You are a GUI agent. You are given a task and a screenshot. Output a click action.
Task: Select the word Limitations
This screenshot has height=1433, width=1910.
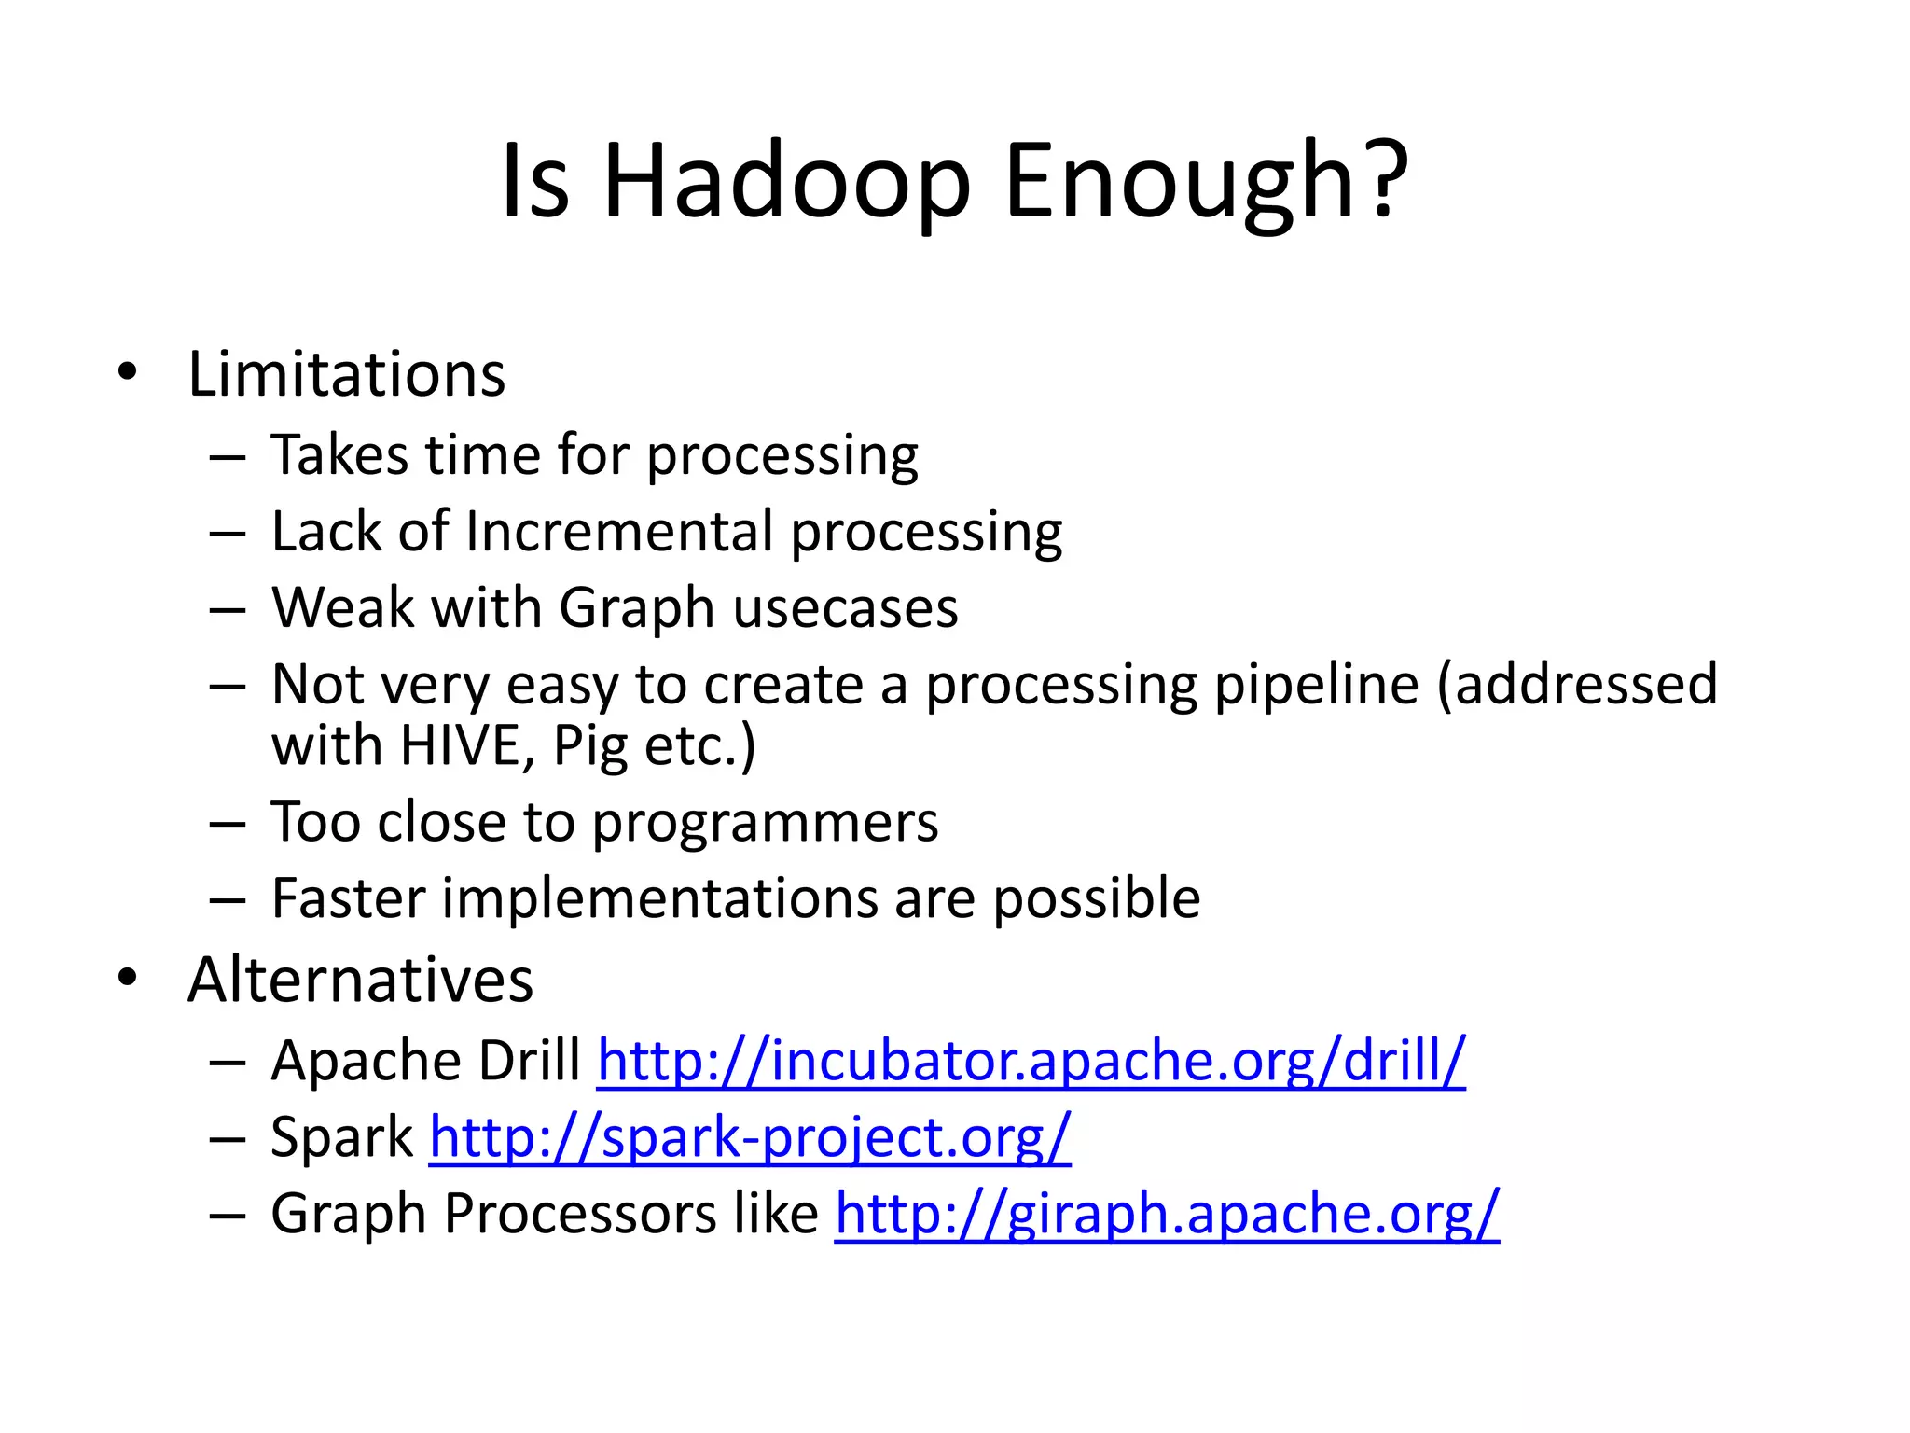pyautogui.click(x=346, y=374)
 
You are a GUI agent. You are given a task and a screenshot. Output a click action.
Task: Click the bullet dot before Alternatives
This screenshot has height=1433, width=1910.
pyautogui.click(x=128, y=977)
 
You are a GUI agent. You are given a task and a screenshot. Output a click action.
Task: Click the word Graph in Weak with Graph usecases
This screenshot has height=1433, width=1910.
pyautogui.click(x=636, y=609)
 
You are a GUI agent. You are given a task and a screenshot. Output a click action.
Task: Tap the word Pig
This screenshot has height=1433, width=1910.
pyautogui.click(x=589, y=747)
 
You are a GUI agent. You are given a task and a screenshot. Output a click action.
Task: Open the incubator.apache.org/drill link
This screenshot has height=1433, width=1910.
pyautogui.click(x=1031, y=1061)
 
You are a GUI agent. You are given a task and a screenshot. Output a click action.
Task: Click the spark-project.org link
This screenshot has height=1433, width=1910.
pyautogui.click(x=750, y=1137)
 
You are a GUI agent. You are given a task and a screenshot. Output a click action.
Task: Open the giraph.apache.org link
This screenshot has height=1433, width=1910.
pyautogui.click(x=1166, y=1214)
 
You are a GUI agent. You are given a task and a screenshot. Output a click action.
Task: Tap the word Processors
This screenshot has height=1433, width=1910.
pyautogui.click(x=580, y=1213)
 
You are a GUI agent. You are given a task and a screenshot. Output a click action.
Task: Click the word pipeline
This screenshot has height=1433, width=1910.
pyautogui.click(x=1316, y=685)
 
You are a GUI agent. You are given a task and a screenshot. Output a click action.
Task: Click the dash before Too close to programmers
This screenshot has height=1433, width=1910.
pyautogui.click(x=227, y=824)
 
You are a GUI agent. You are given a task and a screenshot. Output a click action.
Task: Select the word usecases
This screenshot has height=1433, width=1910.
pyautogui.click(x=845, y=608)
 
